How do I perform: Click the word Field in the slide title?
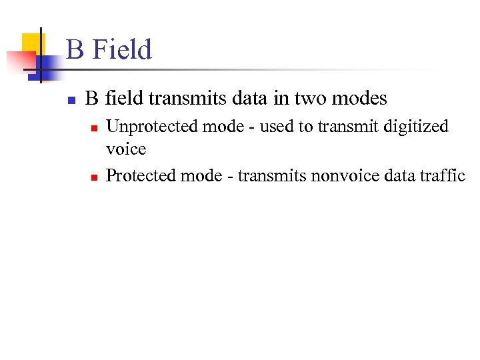point(123,50)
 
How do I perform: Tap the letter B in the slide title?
point(75,50)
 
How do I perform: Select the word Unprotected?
point(142,126)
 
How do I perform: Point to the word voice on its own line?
point(126,149)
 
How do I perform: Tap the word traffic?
point(443,175)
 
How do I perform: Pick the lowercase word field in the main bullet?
point(124,99)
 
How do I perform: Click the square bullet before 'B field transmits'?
point(70,100)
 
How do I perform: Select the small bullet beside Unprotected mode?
point(95,127)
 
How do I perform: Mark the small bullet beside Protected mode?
point(95,177)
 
